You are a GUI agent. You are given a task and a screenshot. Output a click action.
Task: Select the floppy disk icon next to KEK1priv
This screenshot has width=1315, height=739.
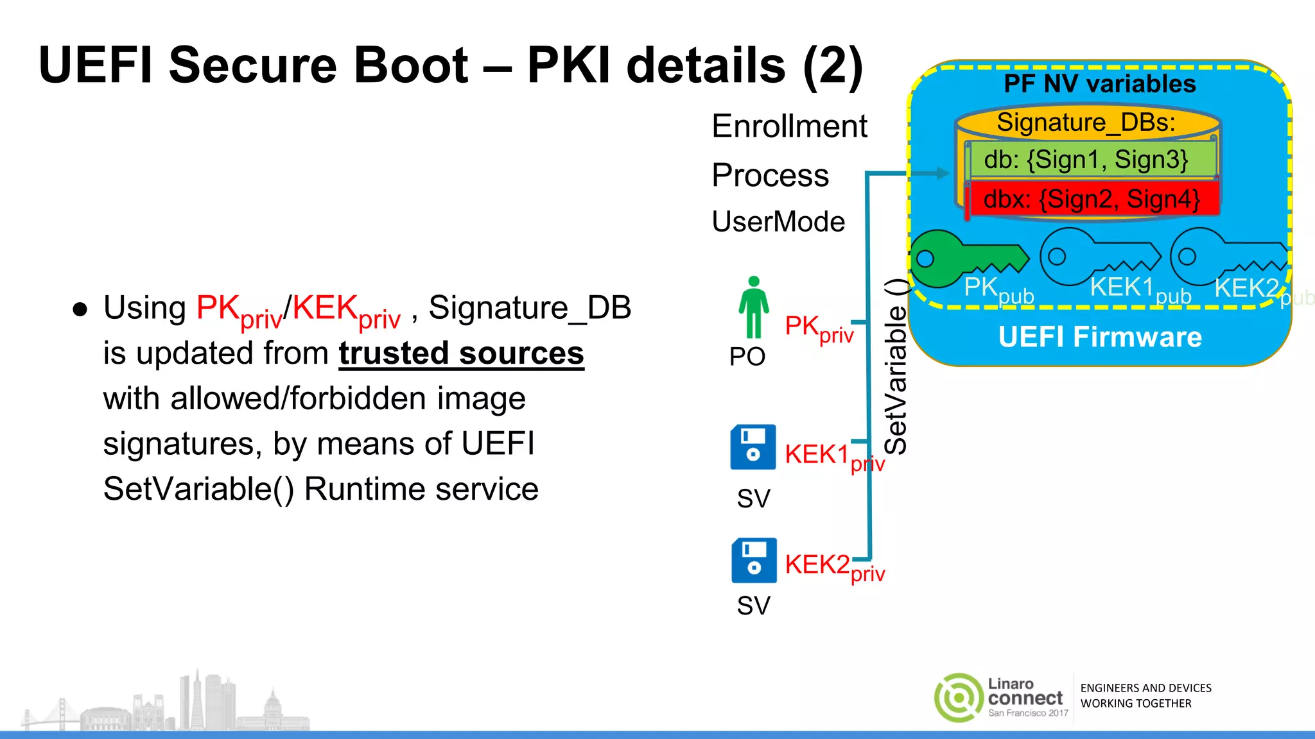[753, 447]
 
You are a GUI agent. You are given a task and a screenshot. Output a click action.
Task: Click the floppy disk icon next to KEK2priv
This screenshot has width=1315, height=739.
[754, 560]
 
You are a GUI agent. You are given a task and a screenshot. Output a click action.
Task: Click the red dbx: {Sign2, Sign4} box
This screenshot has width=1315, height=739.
[1092, 199]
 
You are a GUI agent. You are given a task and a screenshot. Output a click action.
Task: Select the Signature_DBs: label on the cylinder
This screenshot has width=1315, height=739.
[1086, 122]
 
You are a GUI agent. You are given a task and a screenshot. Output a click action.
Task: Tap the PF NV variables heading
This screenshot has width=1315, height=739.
[1099, 83]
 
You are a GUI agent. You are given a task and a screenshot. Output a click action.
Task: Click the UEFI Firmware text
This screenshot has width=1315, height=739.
[1099, 337]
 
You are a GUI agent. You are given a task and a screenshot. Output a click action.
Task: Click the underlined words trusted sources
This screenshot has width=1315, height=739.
[461, 353]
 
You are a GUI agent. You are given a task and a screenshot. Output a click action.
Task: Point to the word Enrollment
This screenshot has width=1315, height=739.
[789, 126]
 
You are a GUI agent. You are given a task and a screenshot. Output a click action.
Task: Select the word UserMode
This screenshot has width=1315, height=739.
[778, 222]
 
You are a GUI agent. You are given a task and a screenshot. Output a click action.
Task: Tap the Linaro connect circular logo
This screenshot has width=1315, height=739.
[958, 697]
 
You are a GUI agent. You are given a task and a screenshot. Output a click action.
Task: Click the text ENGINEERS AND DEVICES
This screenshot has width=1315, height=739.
[1145, 688]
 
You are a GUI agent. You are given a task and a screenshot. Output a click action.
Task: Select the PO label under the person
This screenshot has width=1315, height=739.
[747, 357]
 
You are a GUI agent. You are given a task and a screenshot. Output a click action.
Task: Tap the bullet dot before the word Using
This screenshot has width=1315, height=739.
[80, 309]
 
